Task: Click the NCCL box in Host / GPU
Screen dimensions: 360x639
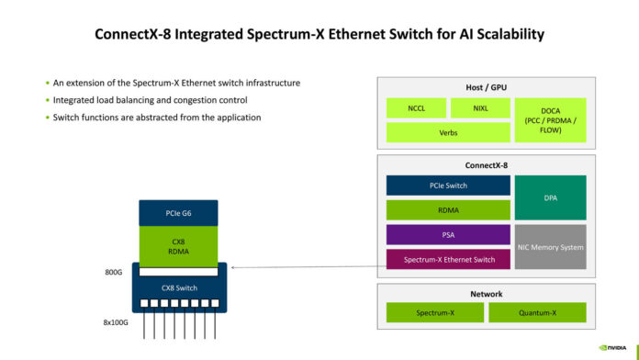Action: pos(415,107)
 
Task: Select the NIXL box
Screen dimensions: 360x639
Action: pos(479,107)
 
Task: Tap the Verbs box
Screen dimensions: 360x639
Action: pos(447,131)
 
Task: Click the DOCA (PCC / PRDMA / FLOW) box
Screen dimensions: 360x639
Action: pos(549,118)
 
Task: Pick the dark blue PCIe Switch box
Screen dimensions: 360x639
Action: pos(447,186)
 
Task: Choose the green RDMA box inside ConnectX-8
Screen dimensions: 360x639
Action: pos(447,209)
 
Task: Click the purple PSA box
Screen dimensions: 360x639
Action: pos(447,235)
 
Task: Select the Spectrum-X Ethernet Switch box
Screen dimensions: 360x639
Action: pos(447,260)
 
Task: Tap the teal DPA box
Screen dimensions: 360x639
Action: pos(549,197)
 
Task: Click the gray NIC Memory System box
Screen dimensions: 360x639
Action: pos(549,247)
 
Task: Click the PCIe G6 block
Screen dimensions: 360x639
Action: pos(179,214)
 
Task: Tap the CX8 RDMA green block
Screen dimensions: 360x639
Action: pos(179,244)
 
